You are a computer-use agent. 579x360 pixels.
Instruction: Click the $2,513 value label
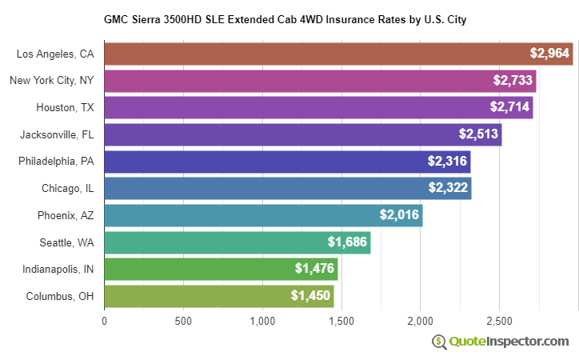pos(478,134)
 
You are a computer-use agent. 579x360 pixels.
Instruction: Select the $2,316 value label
pos(447,162)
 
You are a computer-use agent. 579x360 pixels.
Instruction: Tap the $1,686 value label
pos(347,242)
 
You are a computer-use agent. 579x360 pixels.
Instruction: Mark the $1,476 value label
pos(314,269)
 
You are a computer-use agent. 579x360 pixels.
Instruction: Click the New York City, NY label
pos(51,81)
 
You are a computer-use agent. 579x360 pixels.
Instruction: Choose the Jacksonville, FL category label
pos(57,134)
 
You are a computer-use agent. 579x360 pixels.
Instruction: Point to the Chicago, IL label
pos(67,188)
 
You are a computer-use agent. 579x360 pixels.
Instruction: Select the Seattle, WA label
pos(66,242)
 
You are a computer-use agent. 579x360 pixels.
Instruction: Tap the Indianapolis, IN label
pos(58,269)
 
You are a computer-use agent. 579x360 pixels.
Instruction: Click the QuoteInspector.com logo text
pos(508,342)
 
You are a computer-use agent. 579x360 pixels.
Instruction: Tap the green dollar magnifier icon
pos(438,342)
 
